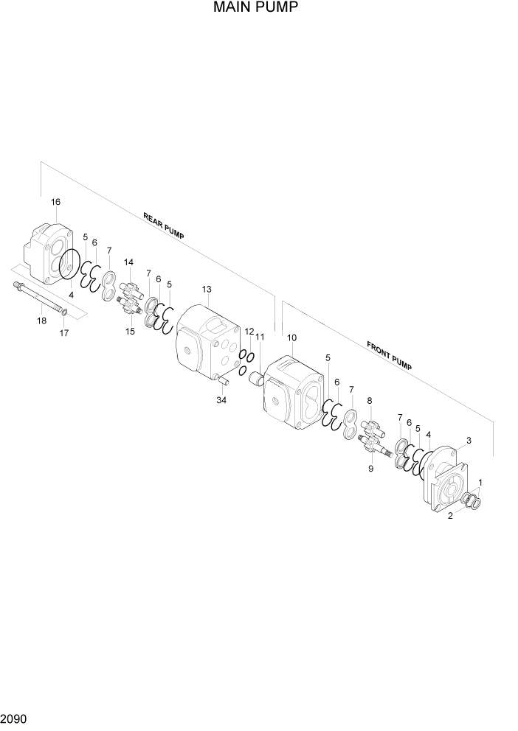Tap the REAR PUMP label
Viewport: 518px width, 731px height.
[164, 225]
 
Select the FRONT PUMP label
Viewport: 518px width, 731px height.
[388, 354]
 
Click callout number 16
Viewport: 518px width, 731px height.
[55, 202]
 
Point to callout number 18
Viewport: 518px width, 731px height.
[41, 321]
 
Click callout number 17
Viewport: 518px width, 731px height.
[64, 333]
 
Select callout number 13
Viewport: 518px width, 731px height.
[207, 289]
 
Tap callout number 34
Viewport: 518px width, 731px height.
[221, 400]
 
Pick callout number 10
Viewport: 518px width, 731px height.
[291, 337]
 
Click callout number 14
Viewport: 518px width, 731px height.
[128, 262]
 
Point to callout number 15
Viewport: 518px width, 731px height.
[130, 332]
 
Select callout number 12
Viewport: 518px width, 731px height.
[249, 332]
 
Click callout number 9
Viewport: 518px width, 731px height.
[370, 468]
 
